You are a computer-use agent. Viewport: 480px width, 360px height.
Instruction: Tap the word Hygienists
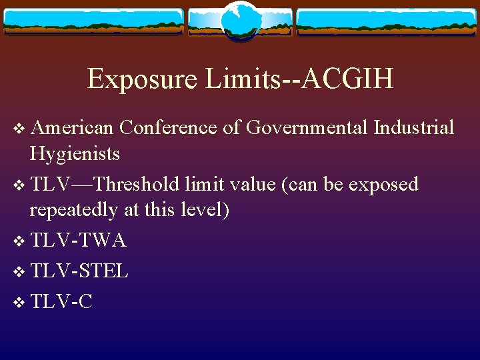pos(75,154)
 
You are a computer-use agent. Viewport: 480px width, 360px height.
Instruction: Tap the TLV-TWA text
pos(77,240)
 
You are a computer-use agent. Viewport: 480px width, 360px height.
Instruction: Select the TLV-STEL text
pos(79,271)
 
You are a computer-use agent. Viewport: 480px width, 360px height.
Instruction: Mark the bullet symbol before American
pos(18,127)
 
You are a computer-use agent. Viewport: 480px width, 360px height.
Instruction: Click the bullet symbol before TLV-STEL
pos(18,271)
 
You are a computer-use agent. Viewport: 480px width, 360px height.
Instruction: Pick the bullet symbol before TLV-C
pos(18,302)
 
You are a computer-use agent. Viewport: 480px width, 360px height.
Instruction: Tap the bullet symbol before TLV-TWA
pos(18,241)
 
